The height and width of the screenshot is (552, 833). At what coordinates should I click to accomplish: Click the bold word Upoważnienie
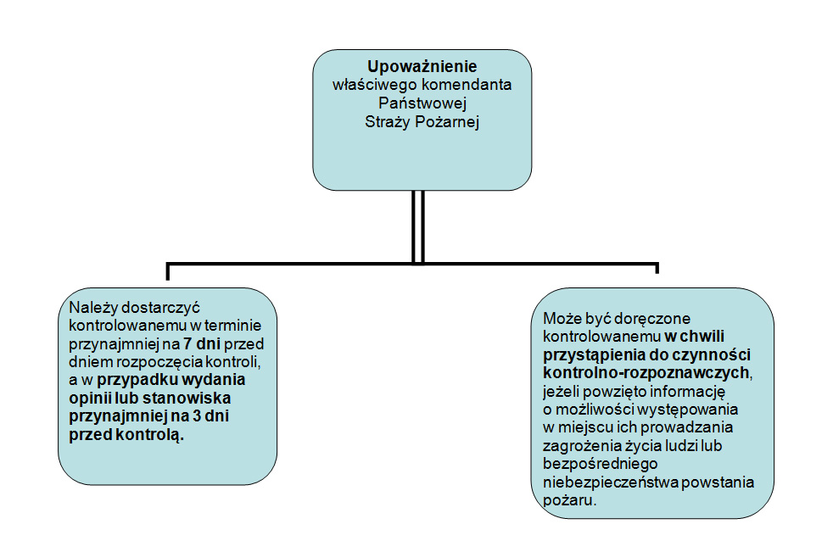[422, 66]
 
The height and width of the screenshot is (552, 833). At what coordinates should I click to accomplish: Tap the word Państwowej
[422, 103]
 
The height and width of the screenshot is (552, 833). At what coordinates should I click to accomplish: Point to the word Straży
[388, 122]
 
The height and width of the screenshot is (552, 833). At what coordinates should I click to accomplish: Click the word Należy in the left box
[93, 308]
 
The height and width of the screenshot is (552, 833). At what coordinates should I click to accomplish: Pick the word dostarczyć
[161, 308]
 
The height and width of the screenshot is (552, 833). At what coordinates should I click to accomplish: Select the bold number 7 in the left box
[187, 343]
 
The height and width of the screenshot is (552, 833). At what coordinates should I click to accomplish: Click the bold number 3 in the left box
[197, 416]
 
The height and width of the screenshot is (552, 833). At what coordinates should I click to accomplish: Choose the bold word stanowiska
[187, 398]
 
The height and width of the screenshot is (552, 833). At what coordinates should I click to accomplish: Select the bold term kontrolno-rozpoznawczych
[646, 373]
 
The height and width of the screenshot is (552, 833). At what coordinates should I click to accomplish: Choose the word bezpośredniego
[601, 464]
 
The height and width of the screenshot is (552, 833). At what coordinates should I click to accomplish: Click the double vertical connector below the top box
[418, 227]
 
